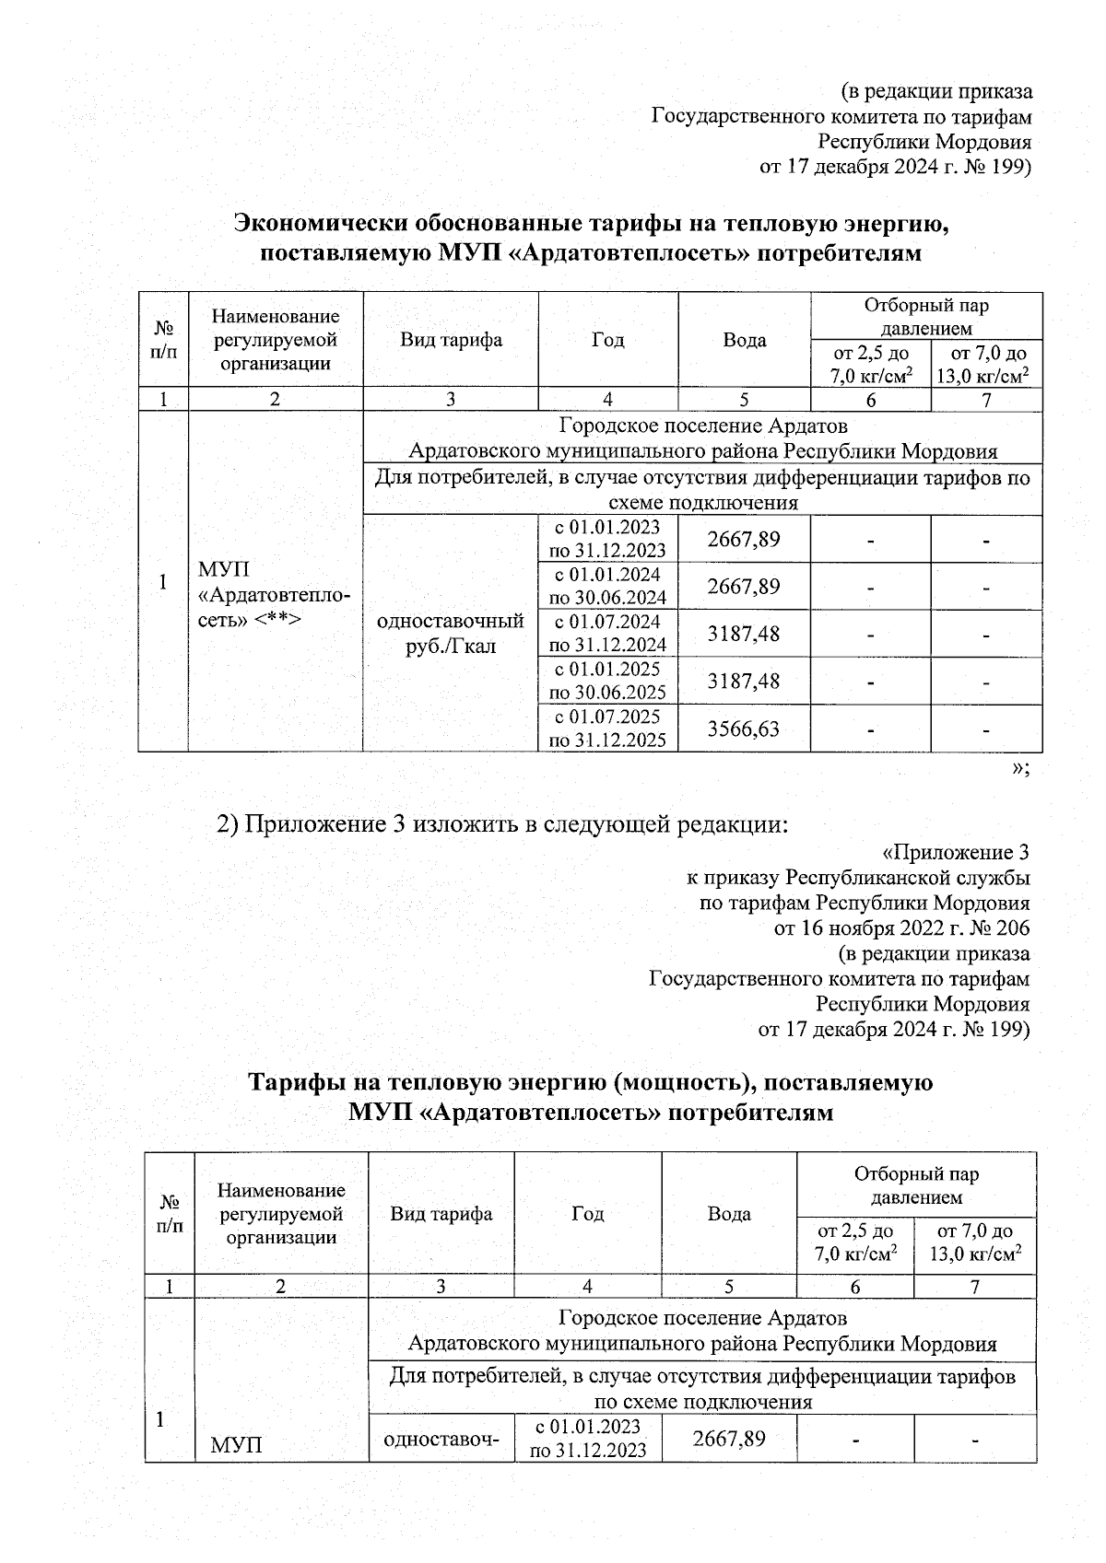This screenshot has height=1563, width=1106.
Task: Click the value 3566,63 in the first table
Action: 743,729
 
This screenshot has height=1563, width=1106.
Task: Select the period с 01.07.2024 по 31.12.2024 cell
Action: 607,633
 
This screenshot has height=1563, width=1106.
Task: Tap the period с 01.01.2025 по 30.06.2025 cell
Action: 607,681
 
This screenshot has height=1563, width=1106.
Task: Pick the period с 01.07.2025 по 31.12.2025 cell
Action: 607,729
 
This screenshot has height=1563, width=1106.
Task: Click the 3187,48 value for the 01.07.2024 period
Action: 743,633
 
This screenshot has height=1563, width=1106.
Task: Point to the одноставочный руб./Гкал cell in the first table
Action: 451,633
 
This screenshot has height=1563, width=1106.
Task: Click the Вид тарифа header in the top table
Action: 451,340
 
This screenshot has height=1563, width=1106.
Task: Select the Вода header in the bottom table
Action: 728,1213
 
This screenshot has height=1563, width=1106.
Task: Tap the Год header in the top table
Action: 607,340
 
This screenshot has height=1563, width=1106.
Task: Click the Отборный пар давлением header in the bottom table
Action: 916,1185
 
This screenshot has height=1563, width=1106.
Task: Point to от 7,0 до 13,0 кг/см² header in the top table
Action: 986,364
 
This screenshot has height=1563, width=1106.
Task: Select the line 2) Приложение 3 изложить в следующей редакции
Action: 502,823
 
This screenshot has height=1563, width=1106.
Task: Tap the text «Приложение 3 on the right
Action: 955,852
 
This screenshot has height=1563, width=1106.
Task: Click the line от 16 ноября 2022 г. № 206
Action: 901,927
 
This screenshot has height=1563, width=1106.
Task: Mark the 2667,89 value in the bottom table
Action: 728,1438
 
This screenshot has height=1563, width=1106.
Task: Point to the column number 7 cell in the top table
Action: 986,400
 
